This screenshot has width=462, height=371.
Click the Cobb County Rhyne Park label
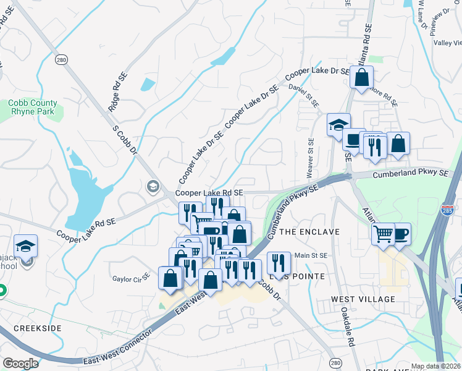coord(33,107)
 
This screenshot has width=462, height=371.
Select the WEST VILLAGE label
coord(363,299)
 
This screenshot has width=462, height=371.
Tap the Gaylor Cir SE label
coord(131,279)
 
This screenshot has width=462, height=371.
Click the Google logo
coord(20,364)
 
